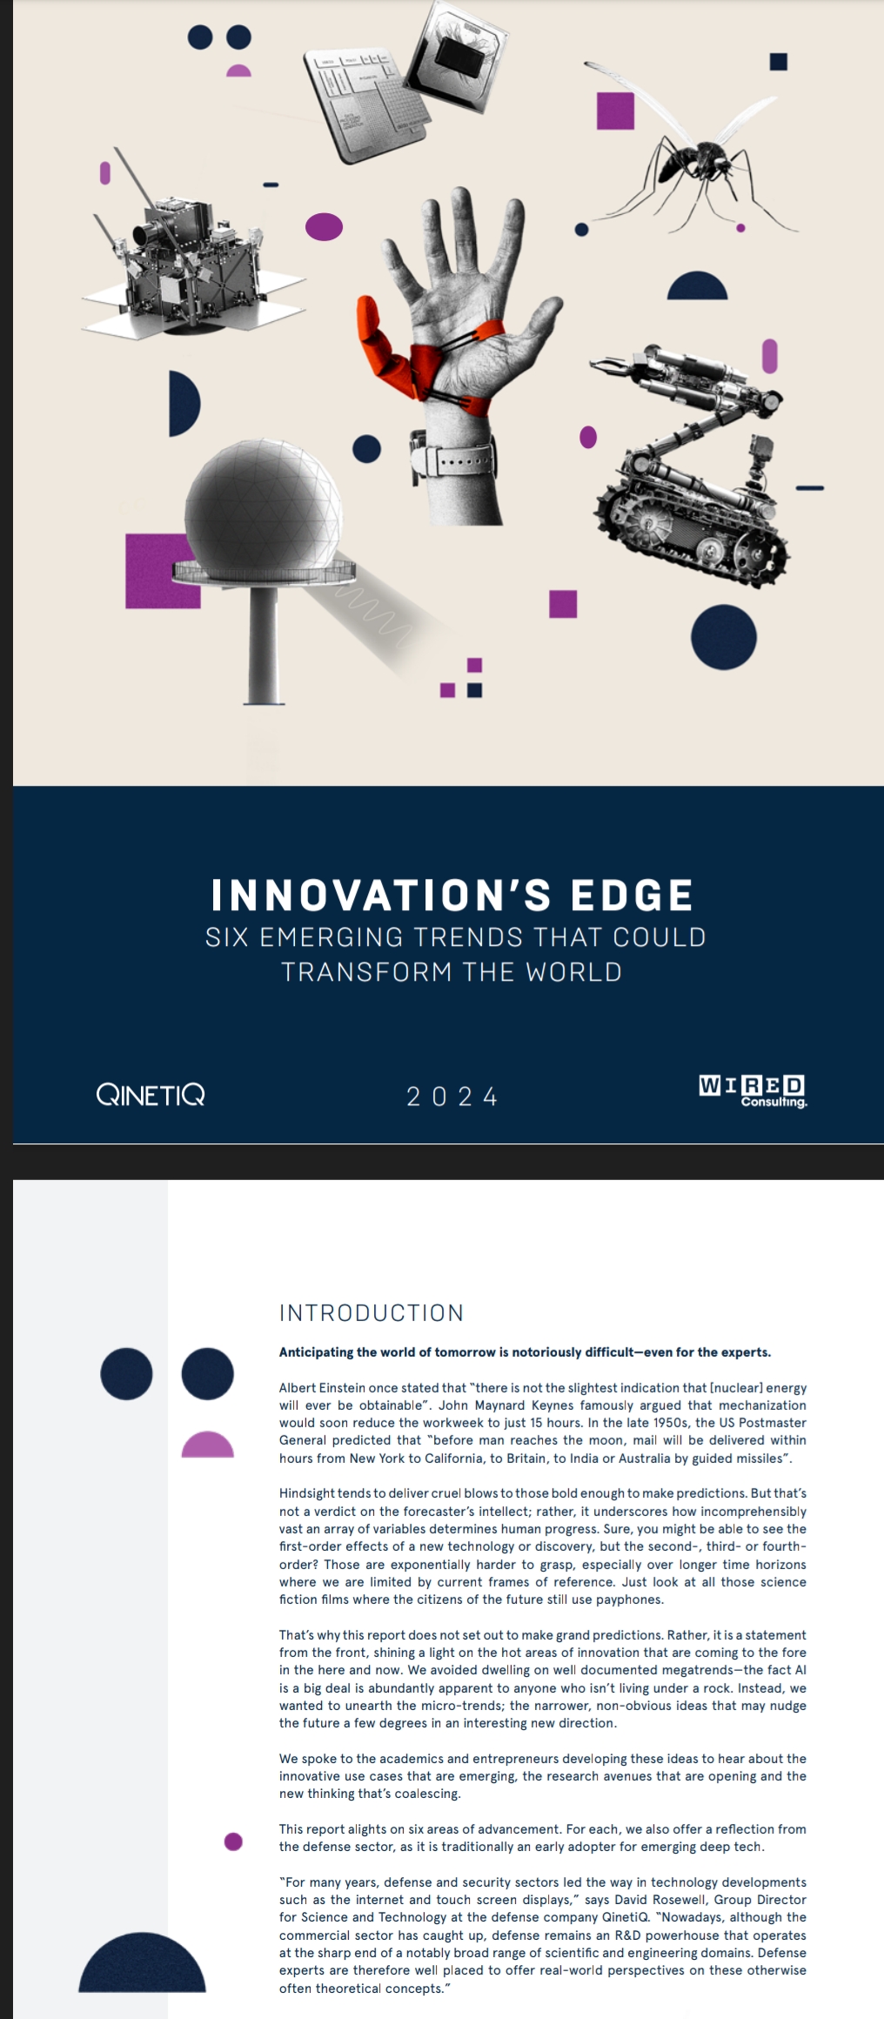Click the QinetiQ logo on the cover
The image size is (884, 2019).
tap(151, 1095)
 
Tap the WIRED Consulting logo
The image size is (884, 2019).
tap(753, 1091)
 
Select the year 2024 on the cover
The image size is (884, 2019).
tap(452, 1097)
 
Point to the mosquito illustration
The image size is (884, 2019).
tap(696, 157)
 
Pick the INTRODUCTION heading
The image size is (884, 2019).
tap(372, 1312)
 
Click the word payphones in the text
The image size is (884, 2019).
tap(632, 1600)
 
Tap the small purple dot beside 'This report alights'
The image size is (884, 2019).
tap(233, 1841)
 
